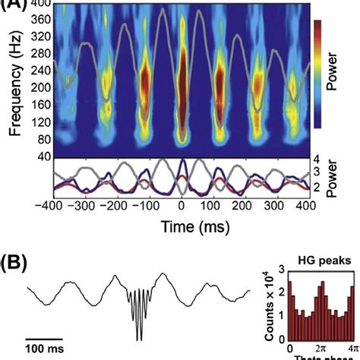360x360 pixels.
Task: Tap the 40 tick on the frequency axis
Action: click(x=43, y=156)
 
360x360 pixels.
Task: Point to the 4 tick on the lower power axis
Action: click(x=314, y=160)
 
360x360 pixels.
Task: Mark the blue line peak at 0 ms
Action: click(x=181, y=163)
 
